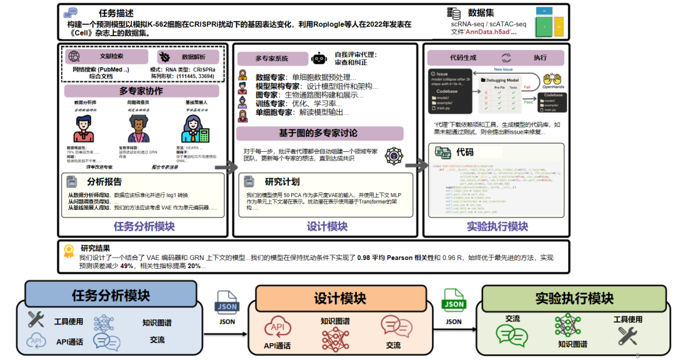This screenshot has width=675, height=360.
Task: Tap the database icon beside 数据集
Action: [x=454, y=13]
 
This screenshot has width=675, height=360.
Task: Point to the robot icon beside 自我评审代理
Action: [x=319, y=58]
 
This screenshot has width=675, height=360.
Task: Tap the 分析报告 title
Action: [x=105, y=182]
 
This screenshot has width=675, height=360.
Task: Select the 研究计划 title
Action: [x=282, y=182]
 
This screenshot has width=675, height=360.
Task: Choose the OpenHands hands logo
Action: [x=552, y=81]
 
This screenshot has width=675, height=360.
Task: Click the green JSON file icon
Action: [x=454, y=300]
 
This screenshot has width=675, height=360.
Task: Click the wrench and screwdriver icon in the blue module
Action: [x=36, y=320]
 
